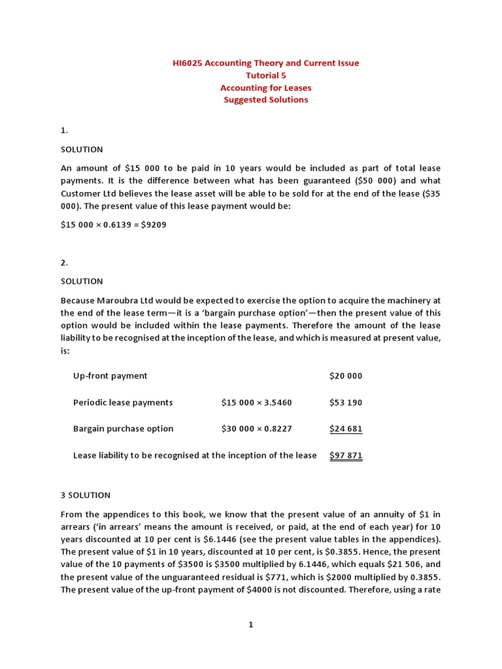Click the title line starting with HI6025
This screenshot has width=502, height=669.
[265, 63]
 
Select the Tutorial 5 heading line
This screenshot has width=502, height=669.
[265, 75]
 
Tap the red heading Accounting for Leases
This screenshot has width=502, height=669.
[265, 88]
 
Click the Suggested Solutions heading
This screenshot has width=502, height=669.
[265, 100]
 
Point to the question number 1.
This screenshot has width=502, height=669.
[64, 131]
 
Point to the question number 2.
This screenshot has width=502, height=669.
[64, 263]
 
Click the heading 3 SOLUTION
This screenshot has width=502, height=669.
[86, 495]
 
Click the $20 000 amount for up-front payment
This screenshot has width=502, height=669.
[345, 376]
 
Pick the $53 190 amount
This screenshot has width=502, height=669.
[345, 402]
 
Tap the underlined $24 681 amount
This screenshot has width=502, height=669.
[345, 429]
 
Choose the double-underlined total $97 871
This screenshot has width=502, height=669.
[345, 455]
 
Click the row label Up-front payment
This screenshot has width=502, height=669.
[110, 376]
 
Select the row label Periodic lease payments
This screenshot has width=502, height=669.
[123, 402]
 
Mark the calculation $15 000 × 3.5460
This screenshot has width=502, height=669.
[256, 402]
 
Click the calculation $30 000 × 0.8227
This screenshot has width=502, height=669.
[256, 429]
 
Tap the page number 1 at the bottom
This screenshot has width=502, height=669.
[250, 625]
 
